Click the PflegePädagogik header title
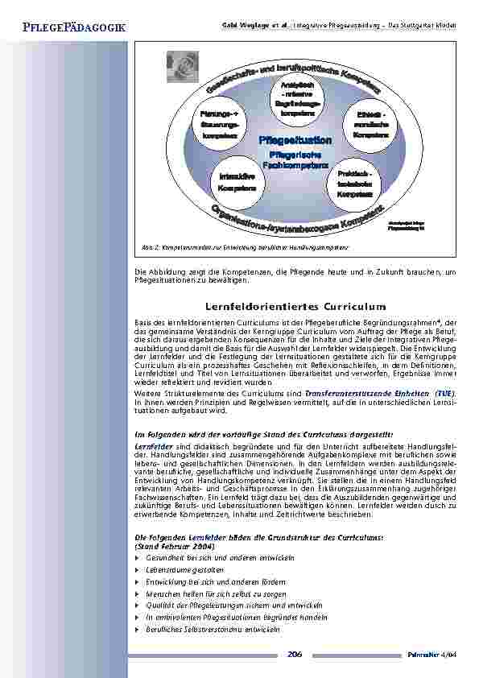(x=64, y=28)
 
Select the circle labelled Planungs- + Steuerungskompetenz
(x=214, y=126)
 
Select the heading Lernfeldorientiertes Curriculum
(x=296, y=307)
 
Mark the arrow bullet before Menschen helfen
(x=138, y=593)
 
